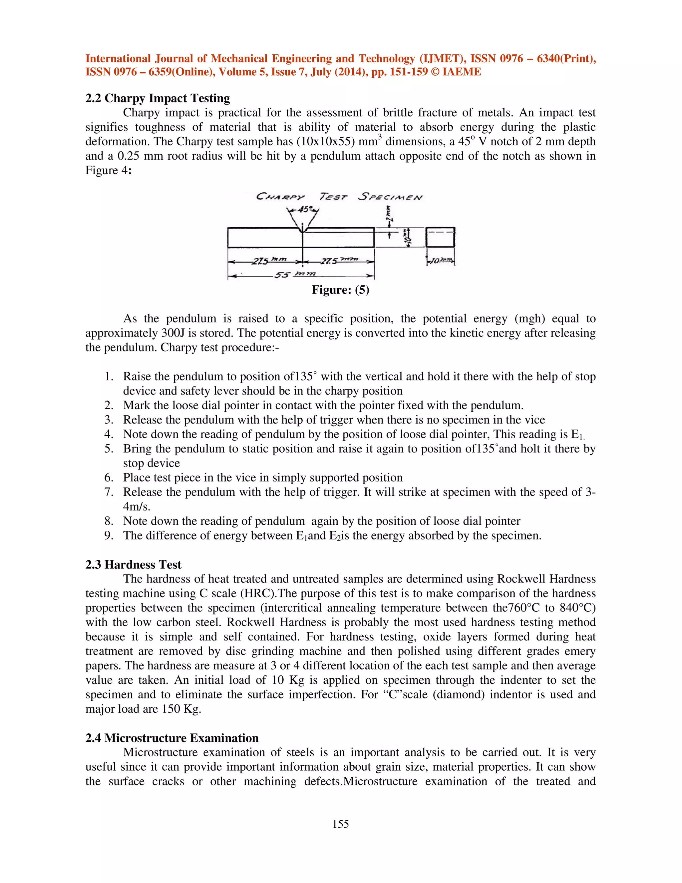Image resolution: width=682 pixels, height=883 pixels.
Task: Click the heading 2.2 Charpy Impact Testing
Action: coord(158,98)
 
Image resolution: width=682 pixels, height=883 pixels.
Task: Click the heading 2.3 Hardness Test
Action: coord(133,564)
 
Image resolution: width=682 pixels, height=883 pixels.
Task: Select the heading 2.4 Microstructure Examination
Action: coord(172,738)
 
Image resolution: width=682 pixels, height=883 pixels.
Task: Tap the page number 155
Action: coord(341,824)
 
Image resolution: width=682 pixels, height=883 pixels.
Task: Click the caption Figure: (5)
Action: coord(340,290)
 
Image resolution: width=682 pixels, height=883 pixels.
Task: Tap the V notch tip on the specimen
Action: coord(303,231)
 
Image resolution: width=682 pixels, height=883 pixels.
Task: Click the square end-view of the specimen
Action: coord(440,237)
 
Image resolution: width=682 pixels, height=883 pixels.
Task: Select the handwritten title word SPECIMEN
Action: coord(390,197)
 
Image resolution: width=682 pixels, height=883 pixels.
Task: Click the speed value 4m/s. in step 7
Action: coord(137,506)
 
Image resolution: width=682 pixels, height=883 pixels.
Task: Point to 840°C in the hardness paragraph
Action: coord(578,608)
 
